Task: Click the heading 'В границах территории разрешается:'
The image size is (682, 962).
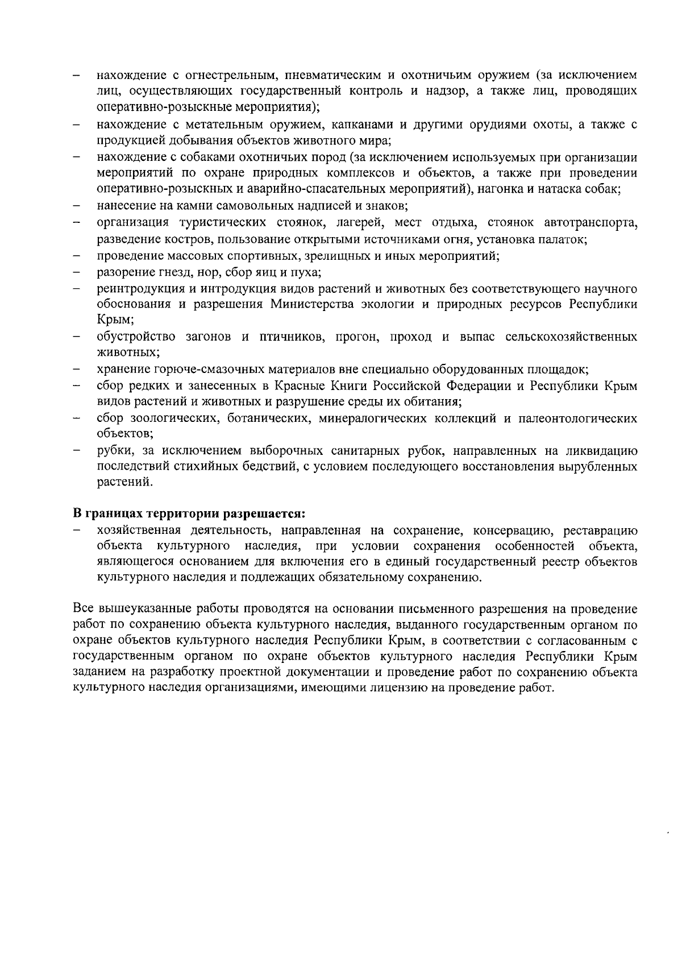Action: [190, 514]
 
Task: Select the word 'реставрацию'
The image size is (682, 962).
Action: [600, 530]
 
